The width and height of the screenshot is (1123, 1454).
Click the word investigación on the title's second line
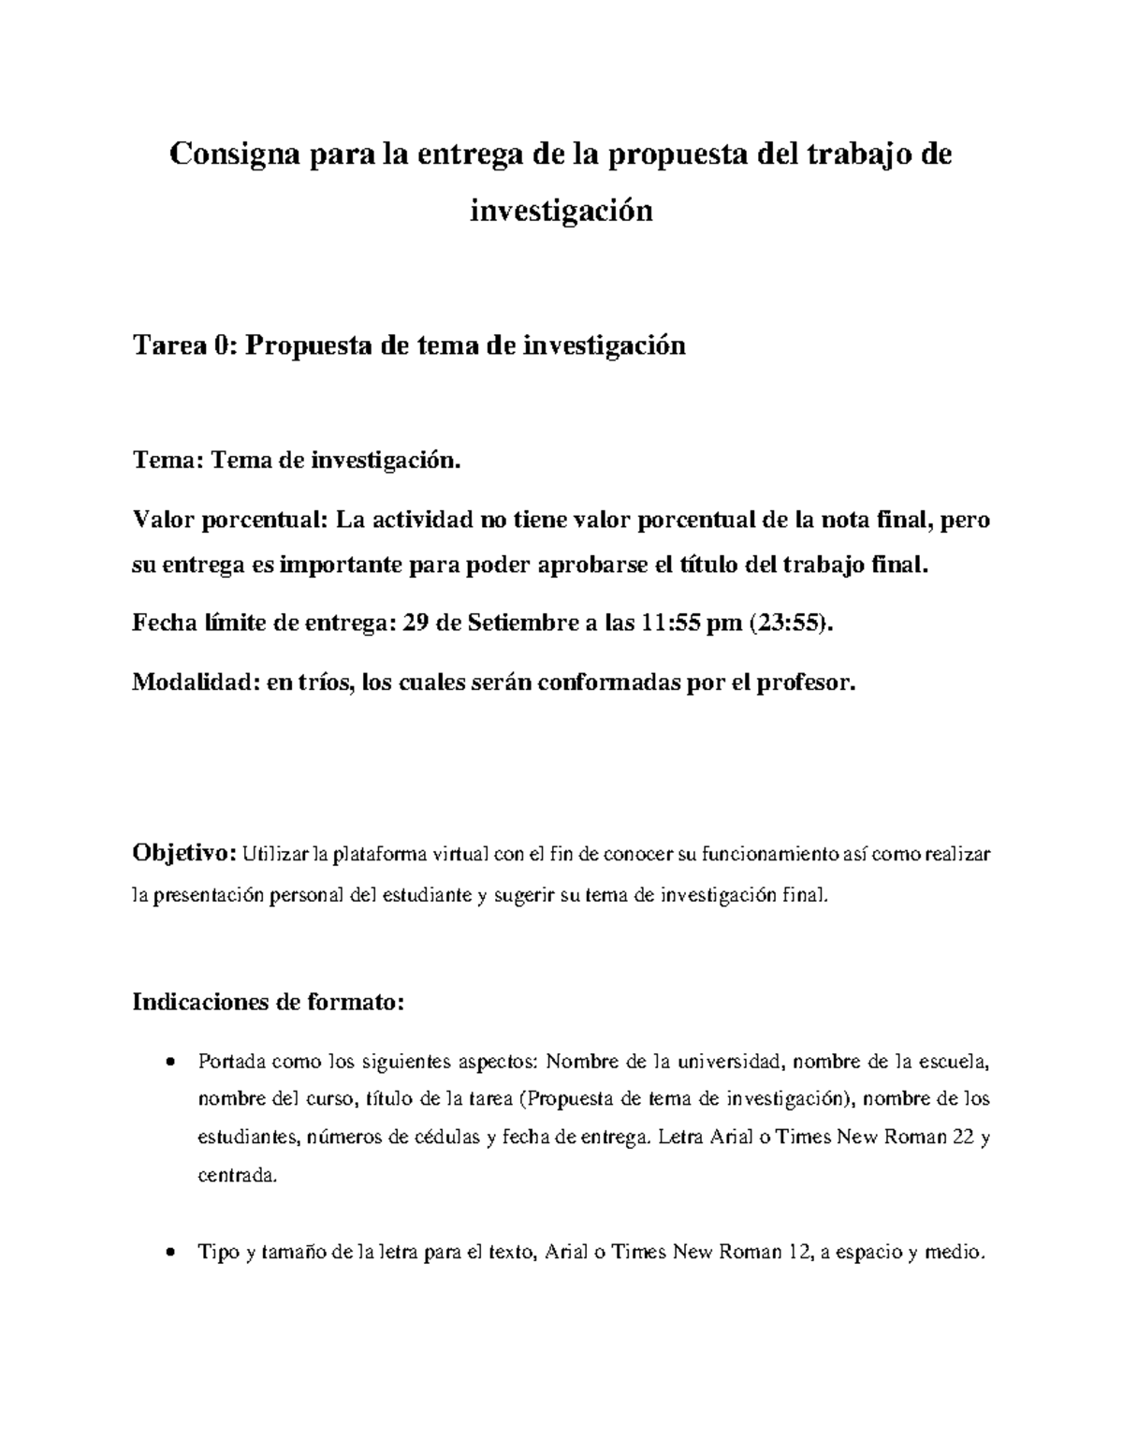(561, 211)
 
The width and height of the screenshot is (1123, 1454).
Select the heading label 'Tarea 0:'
(186, 346)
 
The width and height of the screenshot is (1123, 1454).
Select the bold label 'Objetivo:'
(184, 854)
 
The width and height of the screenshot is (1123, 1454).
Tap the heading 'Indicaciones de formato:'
(269, 1003)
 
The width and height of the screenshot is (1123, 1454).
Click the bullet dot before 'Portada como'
(168, 1063)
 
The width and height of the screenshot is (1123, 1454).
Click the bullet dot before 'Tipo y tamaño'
(168, 1253)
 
